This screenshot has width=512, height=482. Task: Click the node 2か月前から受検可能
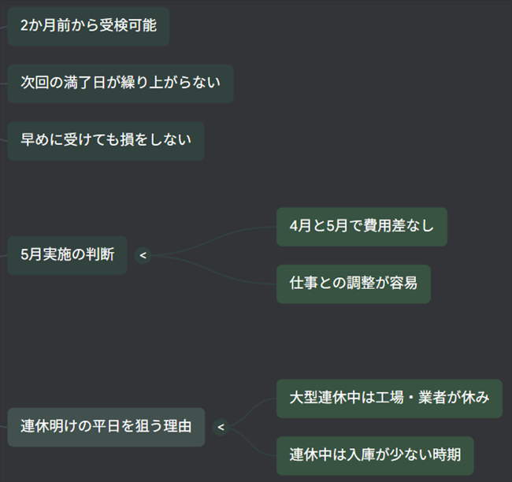click(88, 25)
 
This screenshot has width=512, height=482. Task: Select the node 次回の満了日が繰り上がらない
click(121, 83)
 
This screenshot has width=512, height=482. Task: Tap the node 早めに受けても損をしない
click(106, 140)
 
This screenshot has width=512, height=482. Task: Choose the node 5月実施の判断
click(67, 254)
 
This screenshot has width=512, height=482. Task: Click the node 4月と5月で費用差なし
click(362, 227)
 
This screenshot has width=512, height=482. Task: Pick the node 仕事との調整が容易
click(353, 284)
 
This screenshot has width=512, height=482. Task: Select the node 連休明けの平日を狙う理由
click(106, 427)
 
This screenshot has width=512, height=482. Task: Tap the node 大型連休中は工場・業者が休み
click(389, 398)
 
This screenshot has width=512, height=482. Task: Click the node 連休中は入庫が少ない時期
click(375, 455)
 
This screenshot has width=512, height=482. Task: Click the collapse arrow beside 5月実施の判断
click(143, 254)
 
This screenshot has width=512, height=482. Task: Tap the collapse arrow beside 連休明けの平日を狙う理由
click(221, 427)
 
